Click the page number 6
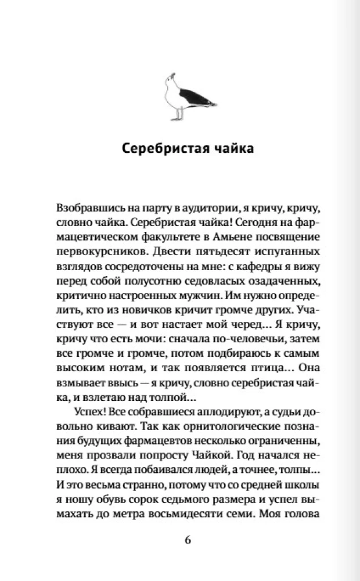187,540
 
